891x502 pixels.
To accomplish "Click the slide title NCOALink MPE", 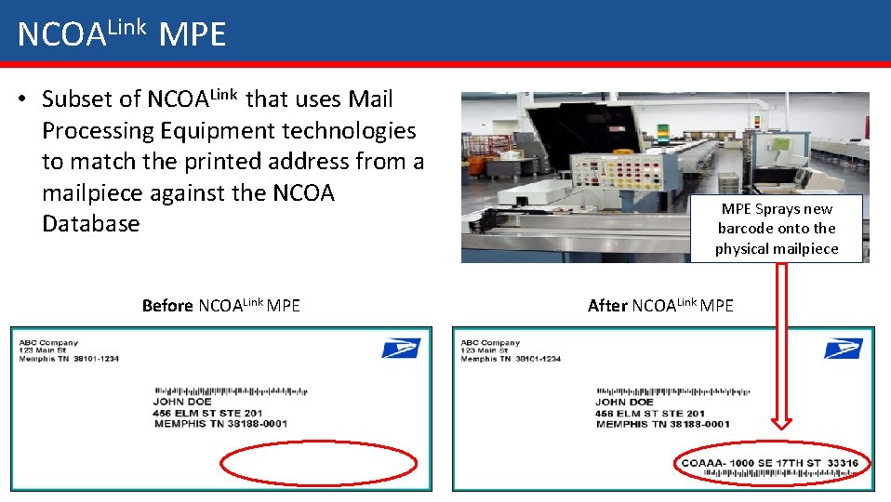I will tap(122, 34).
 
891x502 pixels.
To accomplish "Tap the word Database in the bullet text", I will tap(90, 224).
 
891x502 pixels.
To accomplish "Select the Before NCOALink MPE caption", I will tap(220, 306).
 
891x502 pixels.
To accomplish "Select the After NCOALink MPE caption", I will tap(660, 306).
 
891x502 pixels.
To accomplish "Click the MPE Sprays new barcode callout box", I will tap(776, 229).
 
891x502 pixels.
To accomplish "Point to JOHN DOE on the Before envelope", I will tap(181, 403).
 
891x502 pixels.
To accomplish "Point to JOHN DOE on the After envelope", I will tap(623, 403).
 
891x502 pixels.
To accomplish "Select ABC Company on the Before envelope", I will tap(48, 342).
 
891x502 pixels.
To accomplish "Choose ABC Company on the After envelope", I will tap(490, 342).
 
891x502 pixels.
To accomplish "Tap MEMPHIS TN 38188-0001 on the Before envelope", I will tap(219, 424).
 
